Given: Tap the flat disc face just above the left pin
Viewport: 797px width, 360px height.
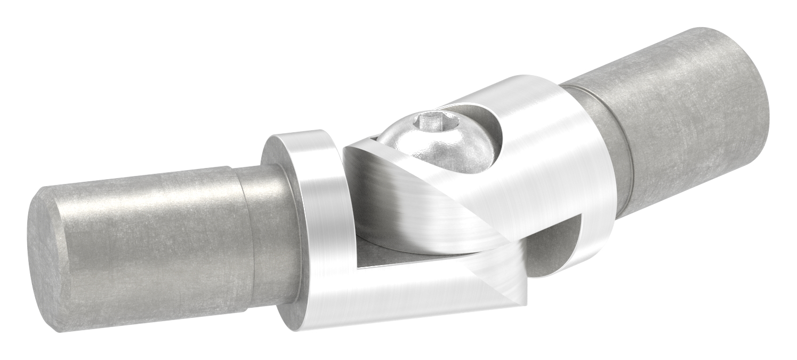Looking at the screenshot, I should click(275, 152).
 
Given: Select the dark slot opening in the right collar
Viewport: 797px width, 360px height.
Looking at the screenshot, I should click(554, 245).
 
